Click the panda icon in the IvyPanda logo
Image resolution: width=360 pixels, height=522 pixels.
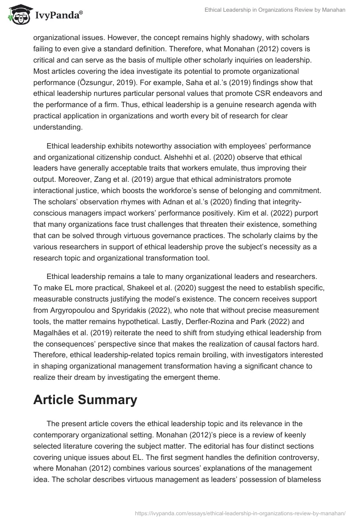(x=18, y=15)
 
